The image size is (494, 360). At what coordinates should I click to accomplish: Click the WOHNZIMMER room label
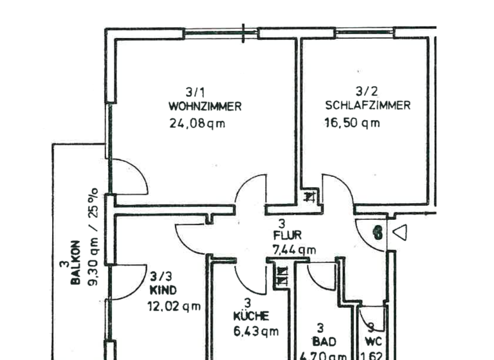pyautogui.click(x=205, y=107)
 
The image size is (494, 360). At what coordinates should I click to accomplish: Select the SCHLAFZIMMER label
pyautogui.click(x=367, y=106)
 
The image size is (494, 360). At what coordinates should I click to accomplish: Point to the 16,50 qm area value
pyautogui.click(x=352, y=123)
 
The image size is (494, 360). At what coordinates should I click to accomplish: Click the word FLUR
pyautogui.click(x=286, y=236)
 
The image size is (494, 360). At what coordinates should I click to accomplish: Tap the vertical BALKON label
pyautogui.click(x=75, y=263)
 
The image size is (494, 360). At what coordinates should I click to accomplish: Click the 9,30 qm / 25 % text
pyautogui.click(x=93, y=237)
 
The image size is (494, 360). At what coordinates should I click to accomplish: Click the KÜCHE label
pyautogui.click(x=251, y=316)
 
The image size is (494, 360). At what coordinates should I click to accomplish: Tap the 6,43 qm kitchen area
pyautogui.click(x=255, y=332)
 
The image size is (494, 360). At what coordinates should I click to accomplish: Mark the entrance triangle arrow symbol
pyautogui.click(x=400, y=233)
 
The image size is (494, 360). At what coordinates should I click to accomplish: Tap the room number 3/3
pyautogui.click(x=161, y=277)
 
